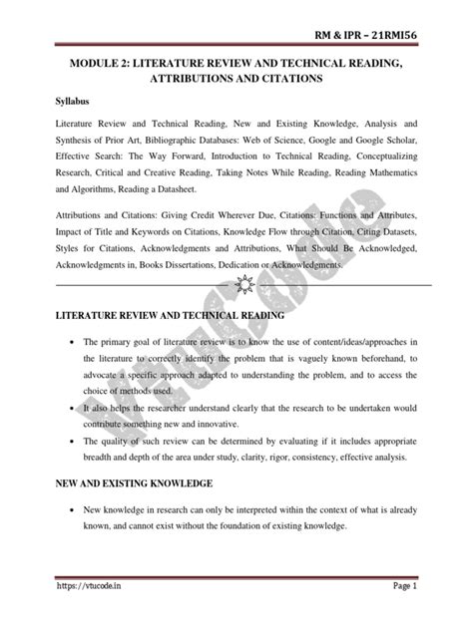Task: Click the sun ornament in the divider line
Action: tap(236, 286)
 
